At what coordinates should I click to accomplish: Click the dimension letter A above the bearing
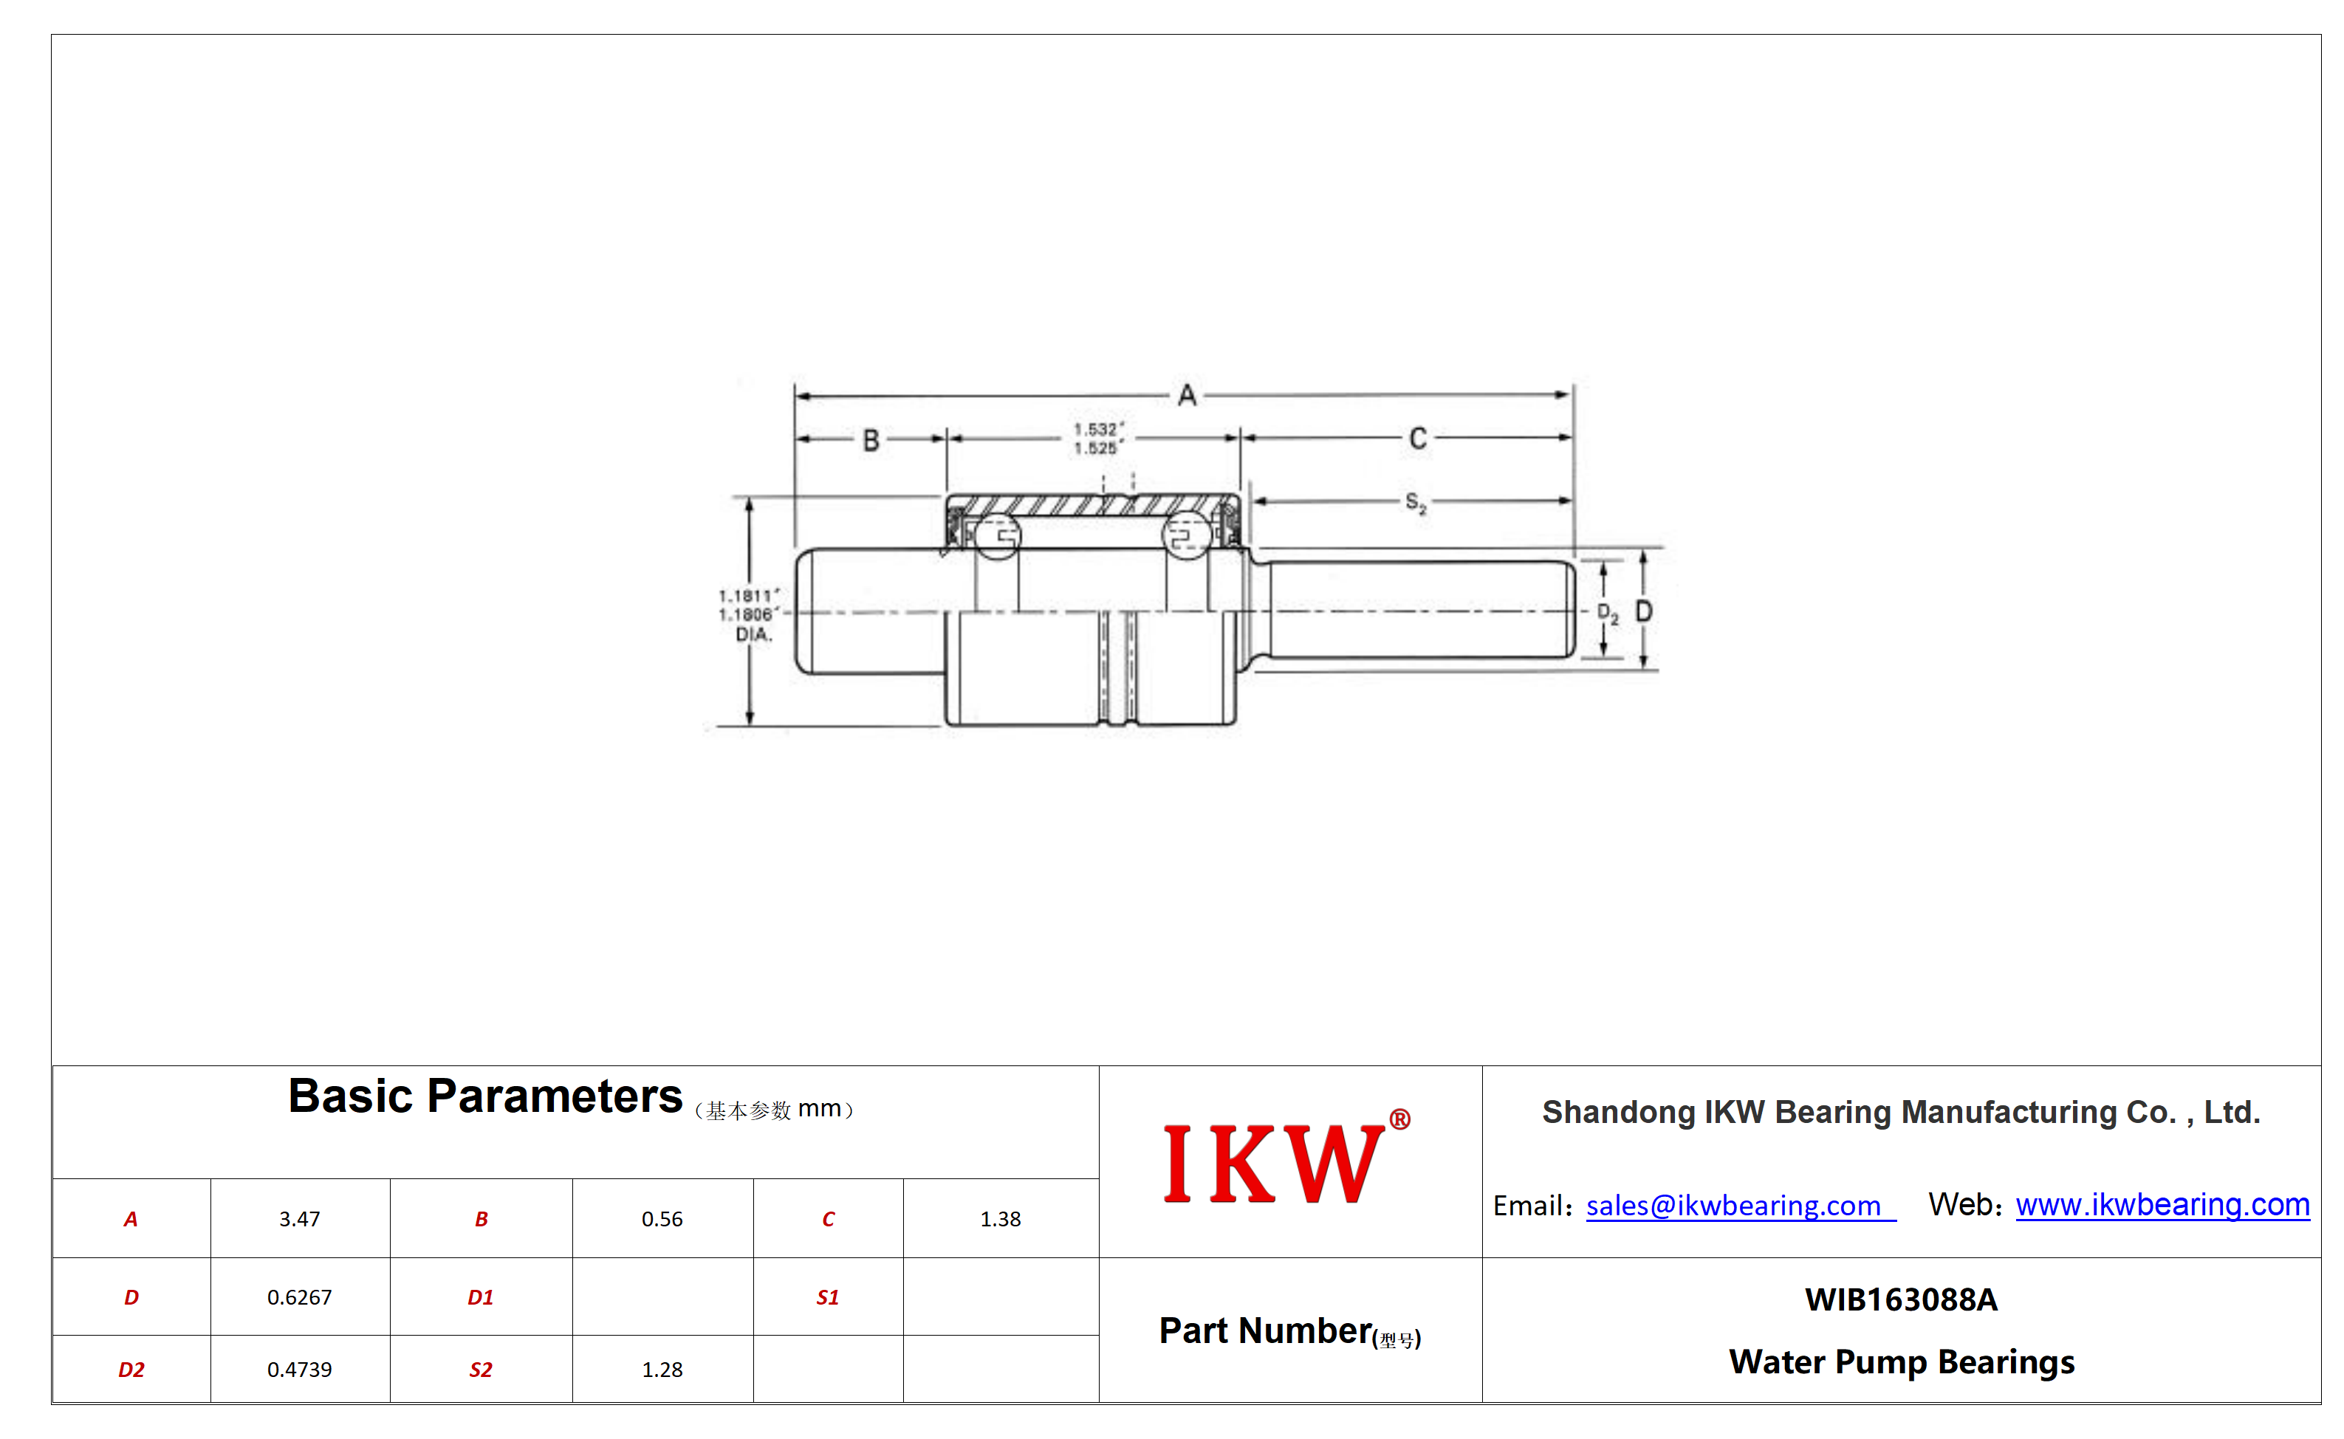[x=1187, y=395]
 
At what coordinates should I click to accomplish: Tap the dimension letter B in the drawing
[x=871, y=441]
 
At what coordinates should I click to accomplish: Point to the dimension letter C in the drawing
[x=1418, y=439]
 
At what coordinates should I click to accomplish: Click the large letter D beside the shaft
[x=1644, y=611]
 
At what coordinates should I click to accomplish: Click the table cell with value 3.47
[x=300, y=1219]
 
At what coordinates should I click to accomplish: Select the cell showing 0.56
[x=662, y=1219]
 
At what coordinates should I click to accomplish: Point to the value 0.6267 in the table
[x=300, y=1297]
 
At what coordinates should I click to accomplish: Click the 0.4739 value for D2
[x=300, y=1370]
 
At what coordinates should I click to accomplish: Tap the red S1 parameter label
[x=828, y=1297]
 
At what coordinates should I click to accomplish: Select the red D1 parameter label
[x=481, y=1297]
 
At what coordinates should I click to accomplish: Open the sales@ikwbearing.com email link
[x=1733, y=1206]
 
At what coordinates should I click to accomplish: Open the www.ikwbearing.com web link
[x=2162, y=1205]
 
